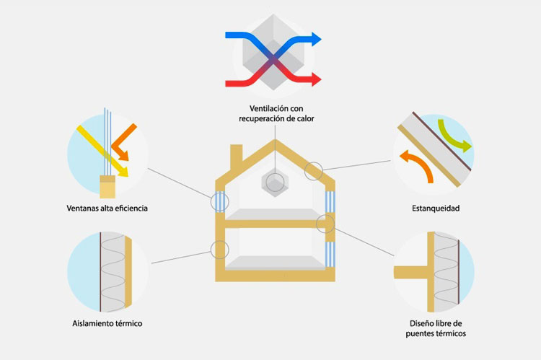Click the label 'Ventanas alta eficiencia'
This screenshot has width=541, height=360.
click(x=107, y=208)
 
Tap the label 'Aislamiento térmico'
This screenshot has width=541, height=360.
click(x=107, y=323)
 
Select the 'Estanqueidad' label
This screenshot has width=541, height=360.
click(x=436, y=208)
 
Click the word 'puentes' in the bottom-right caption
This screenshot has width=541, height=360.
click(x=418, y=334)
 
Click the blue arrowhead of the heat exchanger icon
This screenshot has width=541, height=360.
click(x=317, y=39)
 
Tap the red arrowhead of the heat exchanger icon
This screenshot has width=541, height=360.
click(x=317, y=79)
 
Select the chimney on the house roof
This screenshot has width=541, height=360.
click(x=237, y=154)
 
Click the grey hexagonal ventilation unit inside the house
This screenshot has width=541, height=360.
click(x=275, y=183)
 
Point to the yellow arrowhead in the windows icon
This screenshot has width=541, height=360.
click(x=123, y=172)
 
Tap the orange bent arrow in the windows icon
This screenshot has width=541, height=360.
click(x=123, y=142)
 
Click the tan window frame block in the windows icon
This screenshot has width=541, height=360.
click(x=107, y=187)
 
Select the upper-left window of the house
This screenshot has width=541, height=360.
click(x=220, y=201)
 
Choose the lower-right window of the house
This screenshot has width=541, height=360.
click(x=330, y=255)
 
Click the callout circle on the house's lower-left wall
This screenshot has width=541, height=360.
click(x=211, y=250)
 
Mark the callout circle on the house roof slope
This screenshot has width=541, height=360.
click(x=305, y=171)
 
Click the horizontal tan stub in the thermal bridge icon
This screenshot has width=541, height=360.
click(x=411, y=272)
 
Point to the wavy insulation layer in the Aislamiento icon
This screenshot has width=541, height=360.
click(x=113, y=272)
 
